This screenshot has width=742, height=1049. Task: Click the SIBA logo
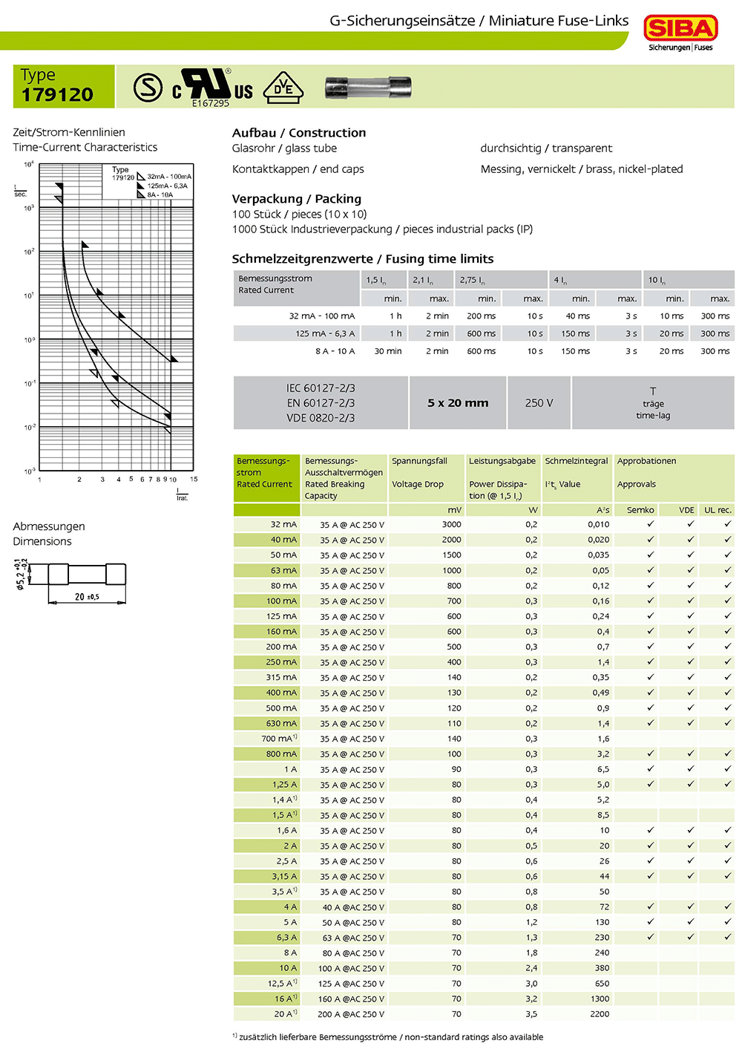(680, 29)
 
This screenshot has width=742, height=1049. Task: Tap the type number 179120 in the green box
(58, 95)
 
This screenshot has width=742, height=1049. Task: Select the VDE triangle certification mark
(283, 88)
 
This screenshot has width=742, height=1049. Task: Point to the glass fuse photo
(368, 88)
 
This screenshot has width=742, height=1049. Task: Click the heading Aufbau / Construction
(298, 133)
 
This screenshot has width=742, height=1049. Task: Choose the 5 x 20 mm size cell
(458, 403)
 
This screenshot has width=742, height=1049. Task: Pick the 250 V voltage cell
(539, 403)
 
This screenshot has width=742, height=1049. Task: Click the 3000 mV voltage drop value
(451, 524)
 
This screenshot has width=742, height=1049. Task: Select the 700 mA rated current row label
(278, 739)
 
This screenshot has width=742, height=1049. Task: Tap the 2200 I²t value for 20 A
(600, 1014)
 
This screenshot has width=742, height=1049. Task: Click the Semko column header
(640, 510)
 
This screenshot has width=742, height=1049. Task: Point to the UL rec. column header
(718, 510)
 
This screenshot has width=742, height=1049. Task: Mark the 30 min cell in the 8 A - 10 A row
(388, 351)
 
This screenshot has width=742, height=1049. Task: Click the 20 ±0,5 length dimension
(87, 597)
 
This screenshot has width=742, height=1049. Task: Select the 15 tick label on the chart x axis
(194, 480)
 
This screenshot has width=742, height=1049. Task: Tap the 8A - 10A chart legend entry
(160, 195)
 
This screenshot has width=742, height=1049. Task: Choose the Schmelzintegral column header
(577, 461)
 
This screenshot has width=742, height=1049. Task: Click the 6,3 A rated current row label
(286, 938)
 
